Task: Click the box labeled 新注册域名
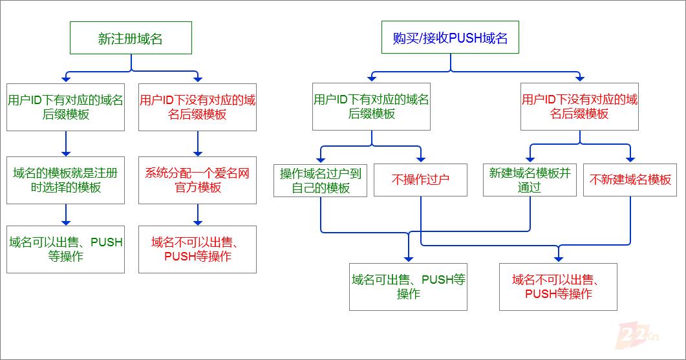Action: coord(131,38)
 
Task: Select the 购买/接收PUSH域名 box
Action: coord(451,38)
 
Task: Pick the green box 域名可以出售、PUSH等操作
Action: coord(65,249)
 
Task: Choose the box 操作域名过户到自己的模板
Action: coord(321,180)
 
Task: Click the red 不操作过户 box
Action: coord(420,180)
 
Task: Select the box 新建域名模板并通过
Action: coord(530,180)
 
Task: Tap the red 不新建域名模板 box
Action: coord(630,180)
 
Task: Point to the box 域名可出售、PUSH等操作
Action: coord(408,286)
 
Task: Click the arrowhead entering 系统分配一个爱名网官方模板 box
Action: coord(198,152)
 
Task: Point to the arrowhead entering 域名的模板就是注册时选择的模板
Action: coord(66,152)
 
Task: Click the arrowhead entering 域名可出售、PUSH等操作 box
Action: coord(408,259)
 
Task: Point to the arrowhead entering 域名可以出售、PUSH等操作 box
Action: coord(66,221)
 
